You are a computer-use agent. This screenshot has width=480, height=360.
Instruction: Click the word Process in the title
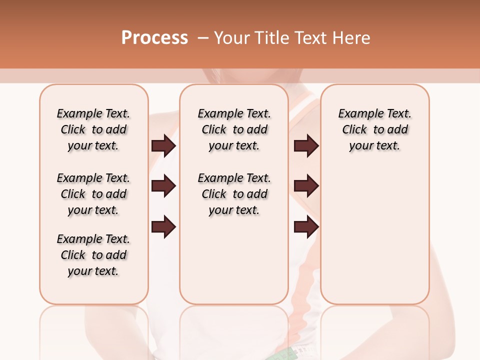pos(154,38)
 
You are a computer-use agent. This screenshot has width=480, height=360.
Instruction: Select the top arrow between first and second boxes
pos(163,145)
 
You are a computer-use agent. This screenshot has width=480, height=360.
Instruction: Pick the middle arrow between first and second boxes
pos(163,186)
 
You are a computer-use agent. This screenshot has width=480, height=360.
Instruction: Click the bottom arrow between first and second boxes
pos(163,227)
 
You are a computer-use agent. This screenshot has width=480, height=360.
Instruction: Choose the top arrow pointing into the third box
pos(306,145)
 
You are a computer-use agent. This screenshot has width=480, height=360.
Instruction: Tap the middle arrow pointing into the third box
pos(306,186)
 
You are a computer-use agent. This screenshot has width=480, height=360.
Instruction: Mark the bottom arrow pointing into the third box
pos(306,227)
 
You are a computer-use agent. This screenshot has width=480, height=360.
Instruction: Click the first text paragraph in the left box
pos(93,129)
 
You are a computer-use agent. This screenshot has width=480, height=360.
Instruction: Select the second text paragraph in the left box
pos(93,194)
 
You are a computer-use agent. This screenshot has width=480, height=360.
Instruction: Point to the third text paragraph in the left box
pos(93,255)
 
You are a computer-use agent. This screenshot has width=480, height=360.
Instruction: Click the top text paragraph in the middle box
pos(234,129)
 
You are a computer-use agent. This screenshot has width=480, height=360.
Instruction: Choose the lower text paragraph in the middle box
pos(234,194)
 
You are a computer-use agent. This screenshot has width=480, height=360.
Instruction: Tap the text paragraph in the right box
pos(374,129)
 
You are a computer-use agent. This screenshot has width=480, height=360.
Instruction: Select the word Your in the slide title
pos(232,38)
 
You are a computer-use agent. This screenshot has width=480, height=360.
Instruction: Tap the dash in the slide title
pos(203,38)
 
